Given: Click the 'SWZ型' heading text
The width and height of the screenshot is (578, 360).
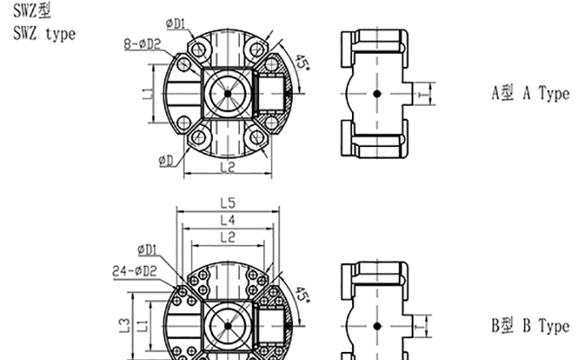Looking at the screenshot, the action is coord(32,10).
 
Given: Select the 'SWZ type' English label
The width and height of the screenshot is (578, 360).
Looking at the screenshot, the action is coord(44,34).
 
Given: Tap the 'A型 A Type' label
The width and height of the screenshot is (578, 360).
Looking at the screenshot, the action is coord(530,93).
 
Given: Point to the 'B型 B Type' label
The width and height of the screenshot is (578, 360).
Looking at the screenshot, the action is coord(530,326).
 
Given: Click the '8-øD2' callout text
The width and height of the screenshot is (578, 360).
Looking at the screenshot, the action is coord(142,44).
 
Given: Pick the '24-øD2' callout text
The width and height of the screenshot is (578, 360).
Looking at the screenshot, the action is coord(135,271).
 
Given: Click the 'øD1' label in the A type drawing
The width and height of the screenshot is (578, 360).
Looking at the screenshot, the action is coord(175,24).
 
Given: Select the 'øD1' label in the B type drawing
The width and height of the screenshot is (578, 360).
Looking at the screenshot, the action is coord(147,250).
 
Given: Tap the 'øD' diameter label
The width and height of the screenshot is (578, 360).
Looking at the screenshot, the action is coord(165,161).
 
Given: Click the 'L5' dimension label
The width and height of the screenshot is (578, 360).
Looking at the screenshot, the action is coord(228,203).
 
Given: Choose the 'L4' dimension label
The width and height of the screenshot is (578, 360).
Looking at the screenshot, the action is coord(228,220).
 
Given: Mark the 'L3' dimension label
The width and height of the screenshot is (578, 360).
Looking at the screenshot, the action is coord(124,325).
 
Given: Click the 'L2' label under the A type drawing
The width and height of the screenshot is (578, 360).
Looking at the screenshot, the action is coord(228,168).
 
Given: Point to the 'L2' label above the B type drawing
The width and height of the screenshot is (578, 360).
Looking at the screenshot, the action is coord(228,237).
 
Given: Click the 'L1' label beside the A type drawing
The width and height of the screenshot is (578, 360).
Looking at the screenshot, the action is coord(147,94).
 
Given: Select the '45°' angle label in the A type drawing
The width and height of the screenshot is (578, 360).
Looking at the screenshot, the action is coord(303,63).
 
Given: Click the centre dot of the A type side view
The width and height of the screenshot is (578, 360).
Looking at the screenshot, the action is coord(377,94).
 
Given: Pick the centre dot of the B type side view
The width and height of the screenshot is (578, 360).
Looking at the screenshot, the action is coord(377,326).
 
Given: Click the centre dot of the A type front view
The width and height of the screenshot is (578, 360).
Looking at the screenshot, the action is coord(228,94).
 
